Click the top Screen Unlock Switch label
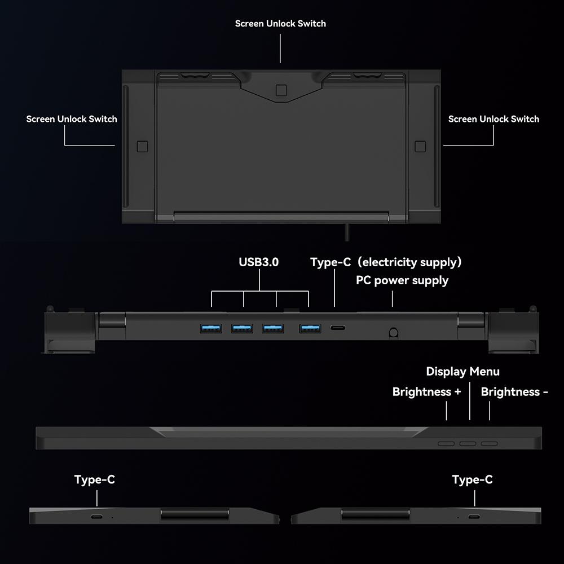(x=280, y=24)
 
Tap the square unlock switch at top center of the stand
(x=281, y=90)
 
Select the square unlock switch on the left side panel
(x=143, y=147)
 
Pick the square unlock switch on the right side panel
(x=420, y=147)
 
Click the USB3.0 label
(x=259, y=262)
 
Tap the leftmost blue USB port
(x=211, y=328)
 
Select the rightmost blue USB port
(x=310, y=328)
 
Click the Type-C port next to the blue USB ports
(x=338, y=328)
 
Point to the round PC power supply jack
(x=394, y=332)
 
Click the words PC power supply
(x=402, y=280)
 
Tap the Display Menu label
(x=462, y=372)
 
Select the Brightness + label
(x=426, y=392)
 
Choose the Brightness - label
(x=514, y=392)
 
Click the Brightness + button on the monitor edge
(x=446, y=443)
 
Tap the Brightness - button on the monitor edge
(x=490, y=443)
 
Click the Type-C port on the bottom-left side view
(x=96, y=517)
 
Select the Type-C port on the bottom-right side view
(x=474, y=517)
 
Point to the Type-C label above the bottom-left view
(x=95, y=479)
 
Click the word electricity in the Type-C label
(x=390, y=262)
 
